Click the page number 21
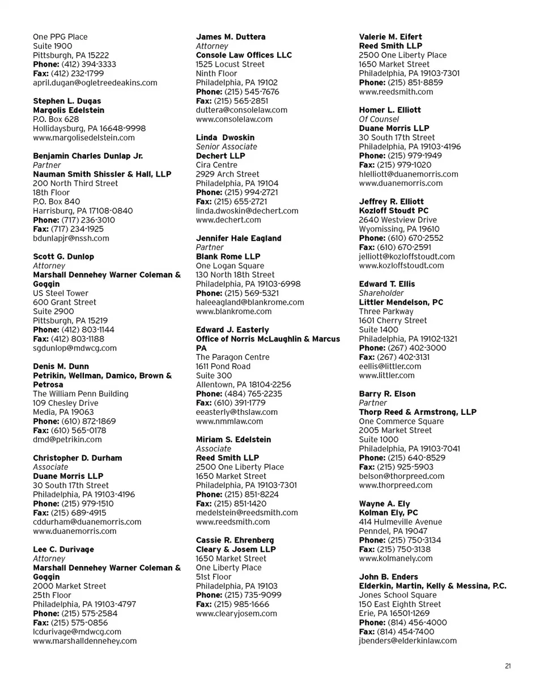(508, 666)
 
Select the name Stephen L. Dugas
(67, 101)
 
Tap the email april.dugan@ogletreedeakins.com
(95, 83)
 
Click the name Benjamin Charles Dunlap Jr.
(88, 156)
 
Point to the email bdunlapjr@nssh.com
(71, 239)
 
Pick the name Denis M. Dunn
(61, 366)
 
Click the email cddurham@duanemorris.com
(87, 522)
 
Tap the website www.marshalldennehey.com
(85, 641)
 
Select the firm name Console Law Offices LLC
(244, 55)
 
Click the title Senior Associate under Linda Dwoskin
(226, 147)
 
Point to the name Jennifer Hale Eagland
(239, 238)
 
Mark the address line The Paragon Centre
(232, 357)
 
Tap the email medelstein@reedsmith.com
(246, 513)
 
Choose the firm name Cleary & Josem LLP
(236, 549)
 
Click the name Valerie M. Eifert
(390, 37)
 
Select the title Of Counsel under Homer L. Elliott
(379, 119)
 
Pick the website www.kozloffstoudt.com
(402, 266)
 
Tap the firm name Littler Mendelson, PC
(401, 302)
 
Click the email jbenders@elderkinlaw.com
(408, 641)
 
